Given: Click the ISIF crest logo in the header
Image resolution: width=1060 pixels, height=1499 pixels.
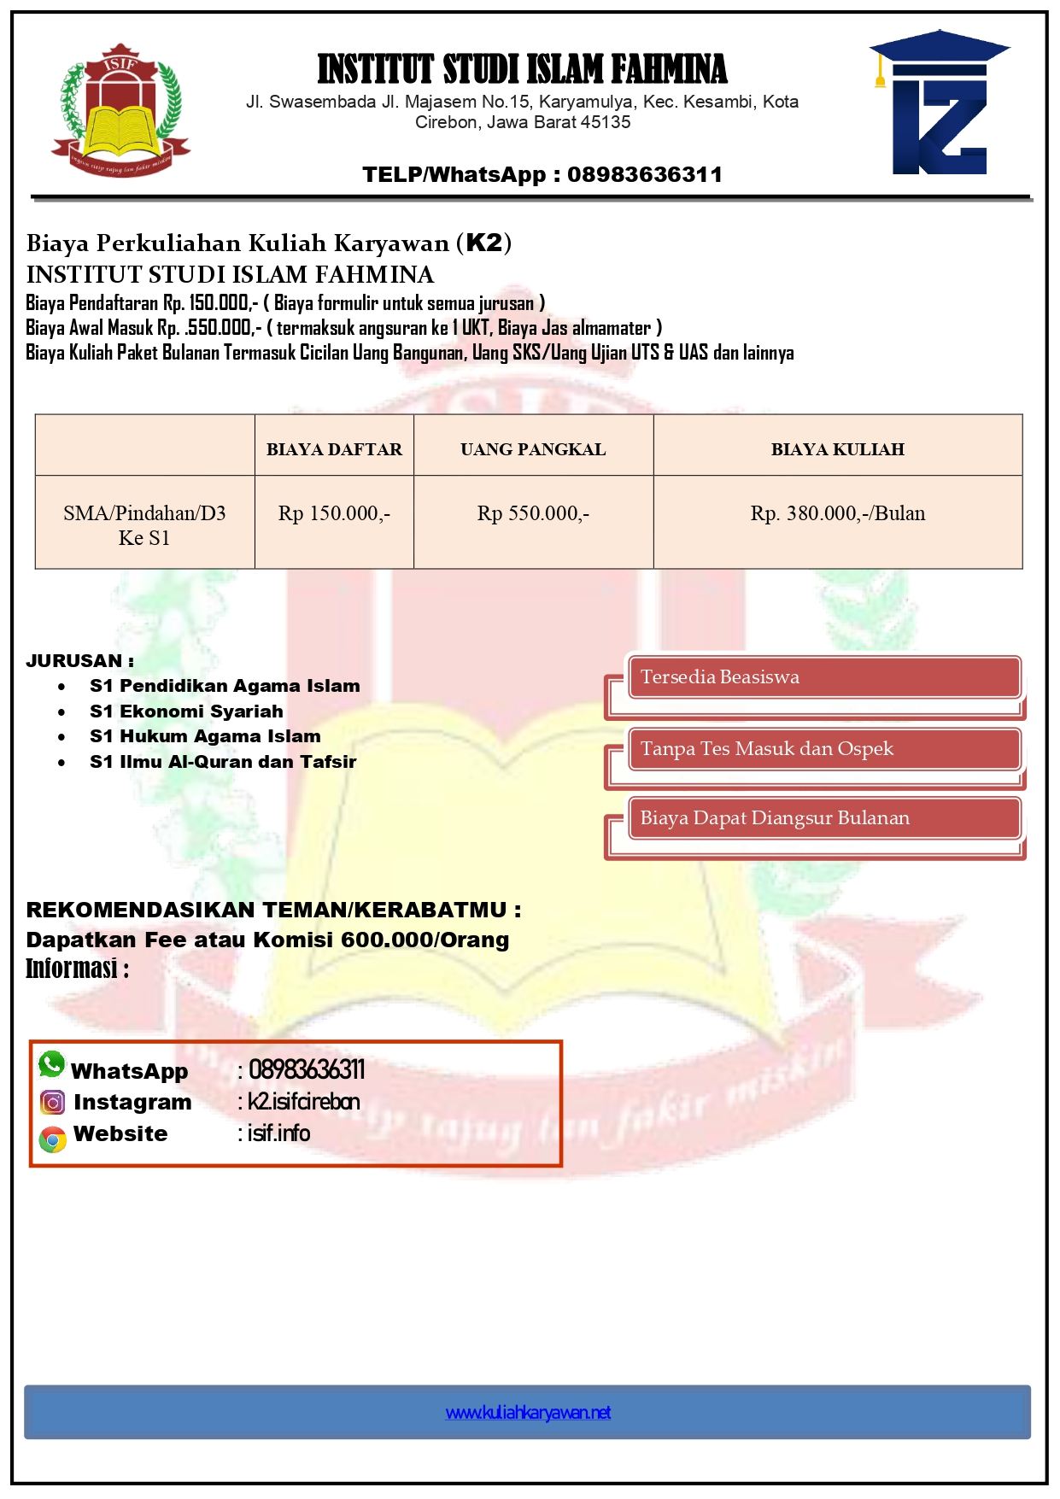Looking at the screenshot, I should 120,111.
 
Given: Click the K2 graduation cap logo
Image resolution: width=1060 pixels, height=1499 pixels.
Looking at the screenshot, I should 940,104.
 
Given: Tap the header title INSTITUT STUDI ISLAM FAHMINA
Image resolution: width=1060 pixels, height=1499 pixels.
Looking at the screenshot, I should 522,70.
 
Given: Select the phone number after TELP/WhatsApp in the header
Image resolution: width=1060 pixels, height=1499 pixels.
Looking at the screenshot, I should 645,175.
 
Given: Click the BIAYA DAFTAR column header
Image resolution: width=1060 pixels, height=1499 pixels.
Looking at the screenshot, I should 334,449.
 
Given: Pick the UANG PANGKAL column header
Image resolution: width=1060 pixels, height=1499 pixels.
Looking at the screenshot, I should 533,449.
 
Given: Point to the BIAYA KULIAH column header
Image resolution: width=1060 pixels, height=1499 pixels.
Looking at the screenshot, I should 837,449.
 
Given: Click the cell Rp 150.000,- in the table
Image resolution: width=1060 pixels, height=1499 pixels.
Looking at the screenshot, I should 334,513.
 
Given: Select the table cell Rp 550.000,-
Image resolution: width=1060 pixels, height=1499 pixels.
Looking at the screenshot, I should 533,513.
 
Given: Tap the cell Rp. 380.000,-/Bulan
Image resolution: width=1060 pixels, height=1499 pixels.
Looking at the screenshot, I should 837,513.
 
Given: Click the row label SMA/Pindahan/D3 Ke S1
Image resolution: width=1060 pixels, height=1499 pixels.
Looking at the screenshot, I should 144,524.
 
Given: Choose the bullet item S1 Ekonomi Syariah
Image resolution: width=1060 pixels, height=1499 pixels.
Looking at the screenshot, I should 186,711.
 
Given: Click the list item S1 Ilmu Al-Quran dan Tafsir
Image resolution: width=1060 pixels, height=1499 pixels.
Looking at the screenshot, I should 223,762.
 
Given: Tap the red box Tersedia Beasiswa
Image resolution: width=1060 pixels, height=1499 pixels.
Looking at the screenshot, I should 823,677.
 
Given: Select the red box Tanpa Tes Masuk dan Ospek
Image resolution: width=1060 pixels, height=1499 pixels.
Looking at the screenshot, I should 823,749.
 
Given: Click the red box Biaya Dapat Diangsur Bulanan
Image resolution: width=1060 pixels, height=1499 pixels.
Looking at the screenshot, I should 823,818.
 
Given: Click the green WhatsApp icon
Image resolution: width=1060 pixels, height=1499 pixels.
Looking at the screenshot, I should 52,1064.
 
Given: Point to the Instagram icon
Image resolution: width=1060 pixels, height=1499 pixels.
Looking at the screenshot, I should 53,1103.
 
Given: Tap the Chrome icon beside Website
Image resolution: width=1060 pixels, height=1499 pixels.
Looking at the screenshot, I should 53,1139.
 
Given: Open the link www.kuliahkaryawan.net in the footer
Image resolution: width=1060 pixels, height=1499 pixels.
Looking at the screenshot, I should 528,1413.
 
